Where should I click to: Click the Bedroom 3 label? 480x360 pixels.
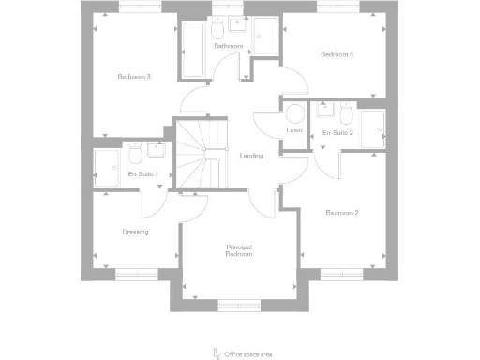point(135,76)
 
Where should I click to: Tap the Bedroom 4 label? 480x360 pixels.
point(337,54)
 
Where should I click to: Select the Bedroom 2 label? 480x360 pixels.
point(342,213)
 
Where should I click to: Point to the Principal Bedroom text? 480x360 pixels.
point(240,250)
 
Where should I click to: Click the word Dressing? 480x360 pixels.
point(136,232)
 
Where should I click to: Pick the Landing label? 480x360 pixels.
point(251,156)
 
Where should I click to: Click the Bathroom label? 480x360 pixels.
point(229,46)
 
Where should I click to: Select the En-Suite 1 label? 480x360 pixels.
point(143,174)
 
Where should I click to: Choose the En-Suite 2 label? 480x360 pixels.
point(337,133)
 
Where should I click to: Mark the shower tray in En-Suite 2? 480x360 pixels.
point(372,129)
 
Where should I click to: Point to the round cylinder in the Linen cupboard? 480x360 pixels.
point(294,114)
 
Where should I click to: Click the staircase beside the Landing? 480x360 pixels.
point(202,156)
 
